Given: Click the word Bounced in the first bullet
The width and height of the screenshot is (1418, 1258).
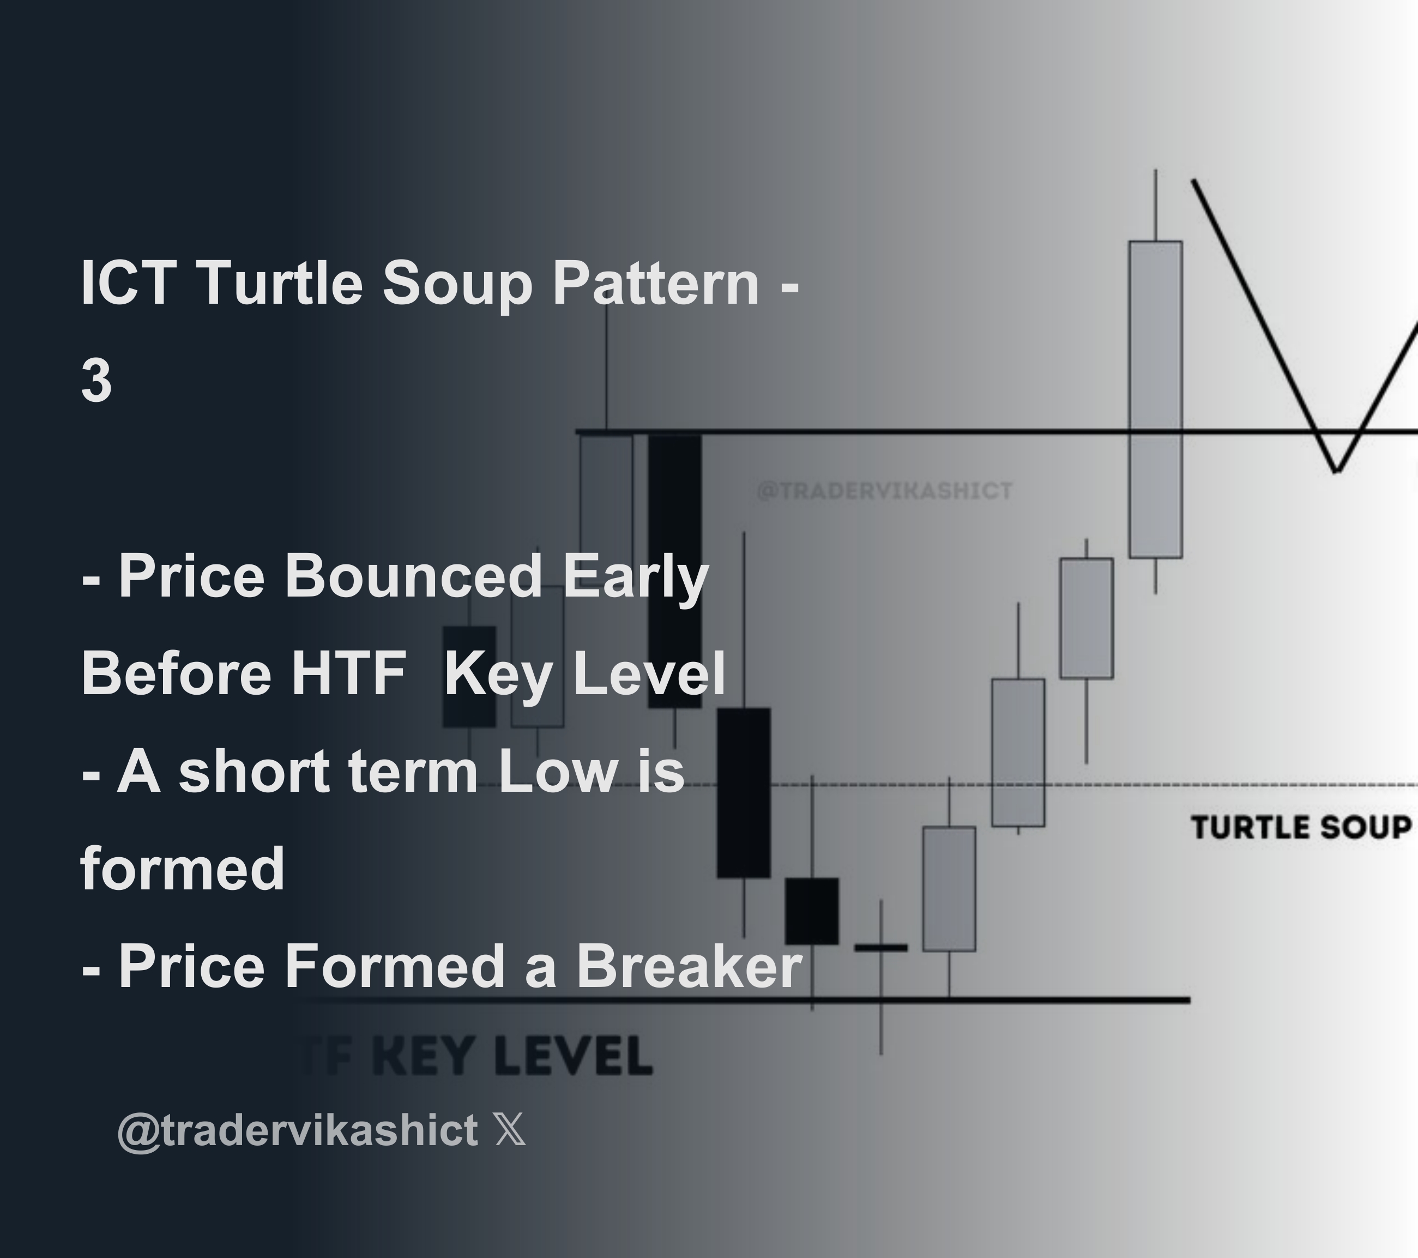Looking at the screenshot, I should point(413,575).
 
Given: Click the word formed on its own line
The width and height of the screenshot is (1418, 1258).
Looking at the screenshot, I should point(183,868).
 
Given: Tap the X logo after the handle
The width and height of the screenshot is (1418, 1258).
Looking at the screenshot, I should point(511,1130).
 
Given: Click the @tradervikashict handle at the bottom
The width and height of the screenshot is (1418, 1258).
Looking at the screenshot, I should point(298,1130).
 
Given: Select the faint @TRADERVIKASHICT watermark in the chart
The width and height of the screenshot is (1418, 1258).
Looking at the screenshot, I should point(884,491).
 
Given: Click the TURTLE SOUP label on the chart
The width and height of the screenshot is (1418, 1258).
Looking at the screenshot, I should point(1301,828).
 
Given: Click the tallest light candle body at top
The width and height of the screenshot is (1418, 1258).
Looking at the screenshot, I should point(1155,399).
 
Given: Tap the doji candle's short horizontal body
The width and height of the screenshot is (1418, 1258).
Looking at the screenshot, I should point(880,947).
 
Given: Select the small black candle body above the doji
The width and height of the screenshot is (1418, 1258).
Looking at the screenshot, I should point(812,910).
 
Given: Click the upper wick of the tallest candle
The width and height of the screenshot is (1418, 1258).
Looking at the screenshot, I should point(1156,204).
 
